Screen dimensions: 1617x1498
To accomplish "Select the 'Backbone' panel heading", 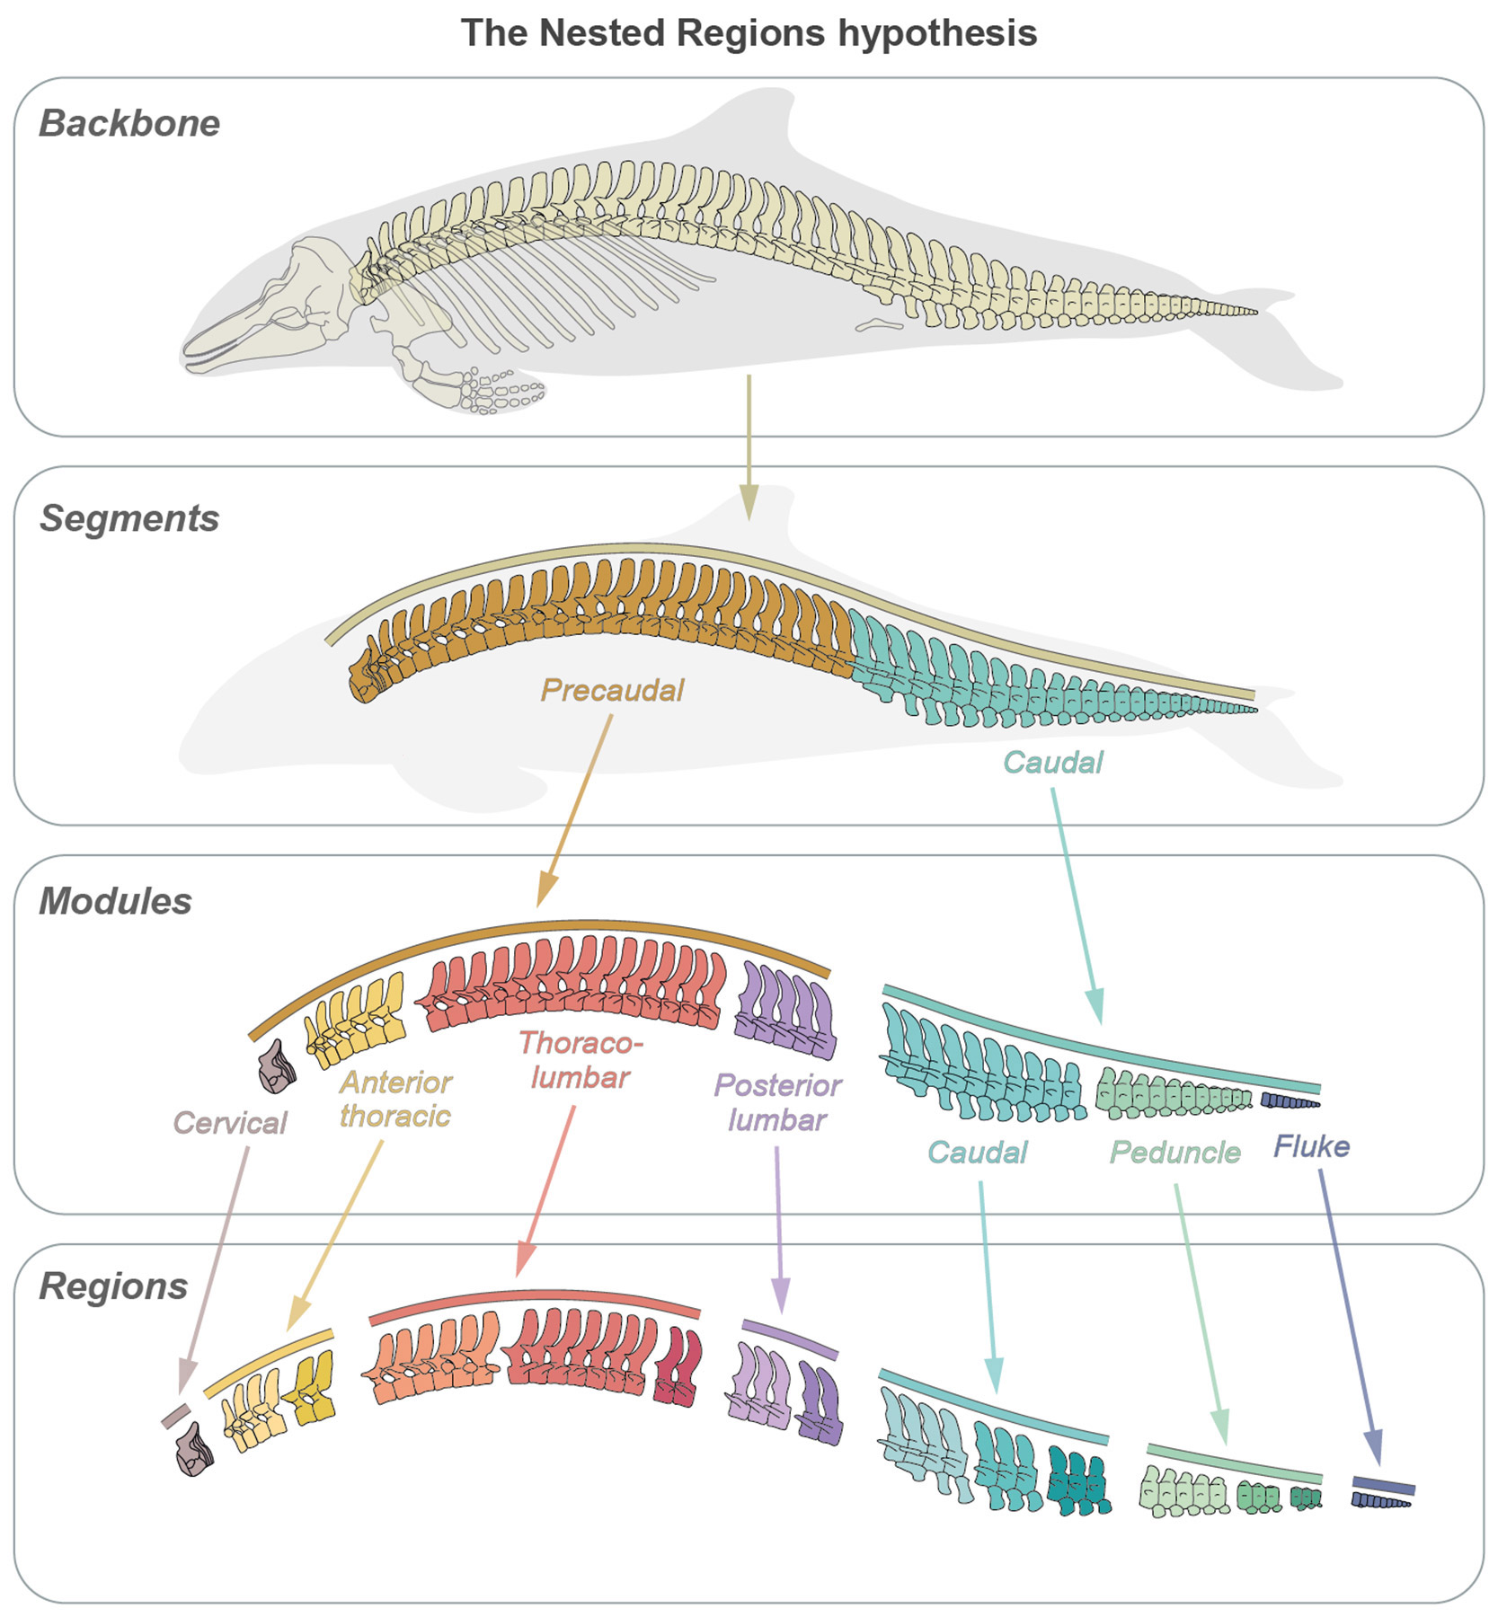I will (129, 123).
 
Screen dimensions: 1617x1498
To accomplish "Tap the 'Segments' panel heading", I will (129, 518).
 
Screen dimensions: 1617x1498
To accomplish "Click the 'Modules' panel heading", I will (115, 901).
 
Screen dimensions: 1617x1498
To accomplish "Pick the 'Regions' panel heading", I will (113, 1286).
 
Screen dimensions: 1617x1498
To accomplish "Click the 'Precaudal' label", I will (612, 690).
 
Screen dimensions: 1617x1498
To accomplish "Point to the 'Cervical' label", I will (229, 1122).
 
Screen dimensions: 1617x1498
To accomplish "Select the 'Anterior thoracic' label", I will (395, 1099).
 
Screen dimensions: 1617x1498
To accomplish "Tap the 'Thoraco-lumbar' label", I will (581, 1059).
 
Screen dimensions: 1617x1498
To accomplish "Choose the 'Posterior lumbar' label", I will (777, 1102).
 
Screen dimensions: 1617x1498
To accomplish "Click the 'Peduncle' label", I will (1174, 1152).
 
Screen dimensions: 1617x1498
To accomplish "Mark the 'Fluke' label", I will (1311, 1146).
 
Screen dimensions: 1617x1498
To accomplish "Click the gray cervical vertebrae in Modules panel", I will (277, 1068).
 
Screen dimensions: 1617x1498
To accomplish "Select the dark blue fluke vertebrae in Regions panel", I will (1382, 1501).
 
